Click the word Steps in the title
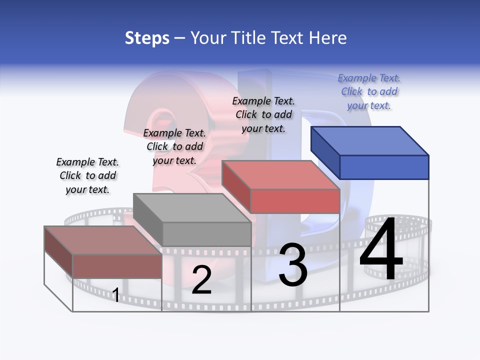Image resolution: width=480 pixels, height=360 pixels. (x=147, y=38)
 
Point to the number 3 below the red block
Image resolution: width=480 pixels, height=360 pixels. (x=292, y=265)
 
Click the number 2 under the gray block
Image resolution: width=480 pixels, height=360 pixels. (x=201, y=280)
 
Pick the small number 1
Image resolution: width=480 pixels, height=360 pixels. (x=115, y=295)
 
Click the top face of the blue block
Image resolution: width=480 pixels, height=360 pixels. (x=369, y=140)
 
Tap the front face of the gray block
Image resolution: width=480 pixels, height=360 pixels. (x=206, y=234)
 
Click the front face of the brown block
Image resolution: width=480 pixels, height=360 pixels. (x=117, y=266)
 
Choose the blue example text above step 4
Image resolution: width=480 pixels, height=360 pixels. (x=369, y=91)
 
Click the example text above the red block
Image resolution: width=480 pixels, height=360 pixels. (x=263, y=114)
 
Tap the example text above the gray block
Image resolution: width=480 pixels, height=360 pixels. (x=174, y=146)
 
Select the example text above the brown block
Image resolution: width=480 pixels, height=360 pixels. (x=87, y=175)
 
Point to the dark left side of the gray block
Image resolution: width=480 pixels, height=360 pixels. (x=147, y=218)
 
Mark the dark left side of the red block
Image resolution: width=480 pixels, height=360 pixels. (x=236, y=186)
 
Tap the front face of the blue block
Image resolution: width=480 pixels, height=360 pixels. (x=384, y=167)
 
